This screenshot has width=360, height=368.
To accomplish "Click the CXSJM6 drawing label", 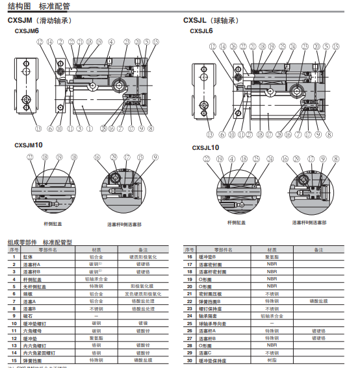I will [x=27, y=31].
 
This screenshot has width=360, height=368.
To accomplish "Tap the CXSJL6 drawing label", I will [x=201, y=31].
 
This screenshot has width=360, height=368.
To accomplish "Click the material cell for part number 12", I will [x=96, y=337].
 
